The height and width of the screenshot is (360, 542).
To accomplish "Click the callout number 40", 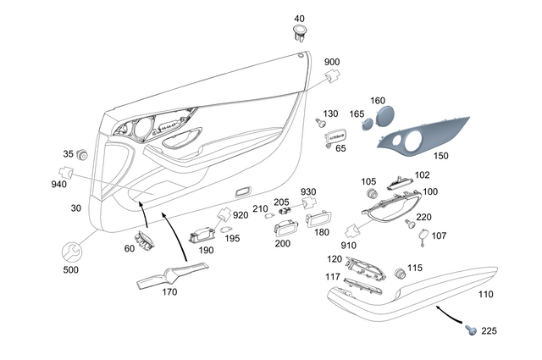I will pyautogui.click(x=299, y=19).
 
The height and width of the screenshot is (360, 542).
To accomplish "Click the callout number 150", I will pyautogui.click(x=442, y=156).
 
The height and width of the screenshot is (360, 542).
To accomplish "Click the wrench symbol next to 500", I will pyautogui.click(x=73, y=252).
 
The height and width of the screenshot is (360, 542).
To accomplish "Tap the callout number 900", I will pyautogui.click(x=333, y=62).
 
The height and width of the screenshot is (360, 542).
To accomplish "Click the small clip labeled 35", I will pyautogui.click(x=83, y=156).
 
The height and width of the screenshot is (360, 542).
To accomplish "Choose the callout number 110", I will pyautogui.click(x=484, y=295).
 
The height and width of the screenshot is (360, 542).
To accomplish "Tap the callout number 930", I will pyautogui.click(x=307, y=191).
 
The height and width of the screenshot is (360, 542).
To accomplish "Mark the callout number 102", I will pyautogui.click(x=422, y=175).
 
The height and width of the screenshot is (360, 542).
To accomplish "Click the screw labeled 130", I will pyautogui.click(x=321, y=123).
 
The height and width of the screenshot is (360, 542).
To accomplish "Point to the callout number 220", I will pyautogui.click(x=423, y=217).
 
